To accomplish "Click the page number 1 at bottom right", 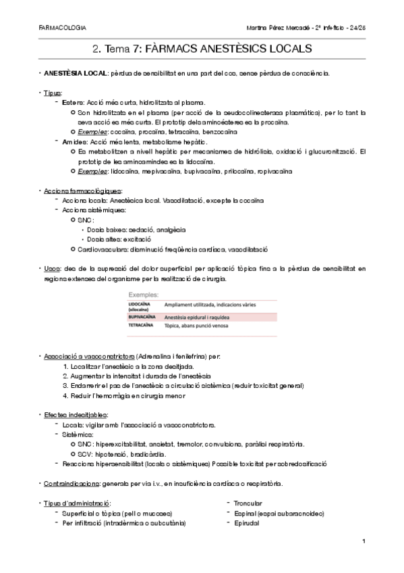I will point(364,541).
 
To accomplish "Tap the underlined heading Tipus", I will point(51,92).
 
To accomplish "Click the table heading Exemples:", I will point(143,295).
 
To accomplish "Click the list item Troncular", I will point(248,503).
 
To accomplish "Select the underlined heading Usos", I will point(51,268).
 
